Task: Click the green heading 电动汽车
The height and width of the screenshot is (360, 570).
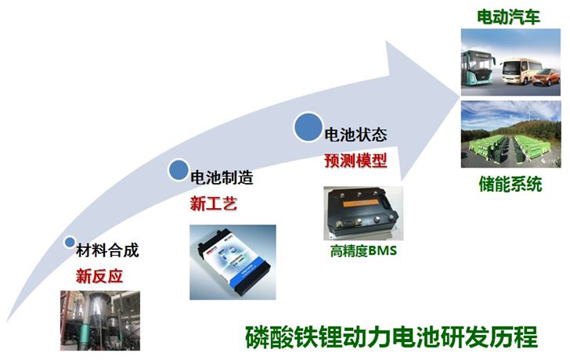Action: (508, 16)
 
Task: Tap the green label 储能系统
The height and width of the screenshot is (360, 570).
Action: (510, 184)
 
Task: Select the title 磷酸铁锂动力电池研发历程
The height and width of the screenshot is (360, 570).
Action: (391, 337)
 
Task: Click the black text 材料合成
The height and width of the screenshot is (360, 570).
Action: (107, 250)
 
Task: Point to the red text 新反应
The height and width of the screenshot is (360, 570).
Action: (99, 276)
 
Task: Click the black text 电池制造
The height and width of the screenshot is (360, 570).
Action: (222, 178)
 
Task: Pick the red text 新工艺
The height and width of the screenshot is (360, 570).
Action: (214, 203)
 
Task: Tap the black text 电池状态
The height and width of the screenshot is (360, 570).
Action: (355, 135)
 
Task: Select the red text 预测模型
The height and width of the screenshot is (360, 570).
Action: (355, 160)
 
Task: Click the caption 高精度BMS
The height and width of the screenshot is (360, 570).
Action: (363, 250)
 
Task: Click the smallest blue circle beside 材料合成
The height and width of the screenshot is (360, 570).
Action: (69, 243)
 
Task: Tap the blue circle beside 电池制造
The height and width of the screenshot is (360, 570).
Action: (179, 170)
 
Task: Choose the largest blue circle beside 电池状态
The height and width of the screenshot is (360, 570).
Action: (308, 127)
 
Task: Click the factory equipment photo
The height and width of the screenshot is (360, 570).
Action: (100, 320)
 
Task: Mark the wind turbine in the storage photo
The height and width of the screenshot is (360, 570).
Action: (528, 110)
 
